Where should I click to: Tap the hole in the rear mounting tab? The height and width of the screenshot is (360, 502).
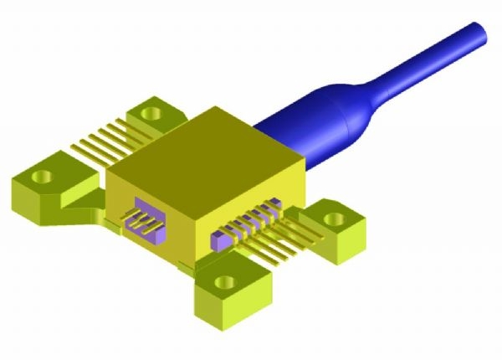[151, 110]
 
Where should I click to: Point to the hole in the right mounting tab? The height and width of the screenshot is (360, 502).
[335, 219]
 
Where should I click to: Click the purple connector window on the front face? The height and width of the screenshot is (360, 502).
[144, 220]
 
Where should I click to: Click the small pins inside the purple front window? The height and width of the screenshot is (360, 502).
[144, 223]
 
